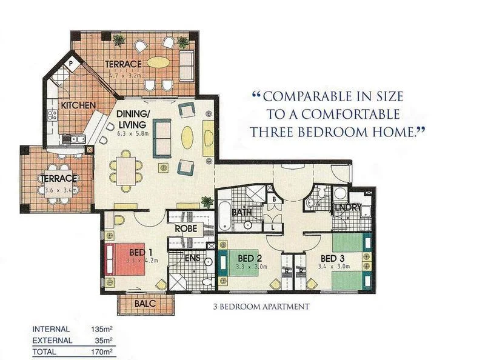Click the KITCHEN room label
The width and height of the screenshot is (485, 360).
[78, 105]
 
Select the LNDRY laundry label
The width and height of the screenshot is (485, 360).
[348, 207]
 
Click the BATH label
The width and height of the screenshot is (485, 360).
[241, 213]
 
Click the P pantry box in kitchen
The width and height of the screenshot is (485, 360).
[70, 62]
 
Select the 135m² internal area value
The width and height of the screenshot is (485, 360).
[102, 330]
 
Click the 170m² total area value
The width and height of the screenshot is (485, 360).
[102, 351]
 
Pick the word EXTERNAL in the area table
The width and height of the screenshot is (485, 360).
[52, 341]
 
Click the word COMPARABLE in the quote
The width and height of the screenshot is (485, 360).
[309, 97]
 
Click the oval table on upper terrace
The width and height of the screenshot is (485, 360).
[159, 62]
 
